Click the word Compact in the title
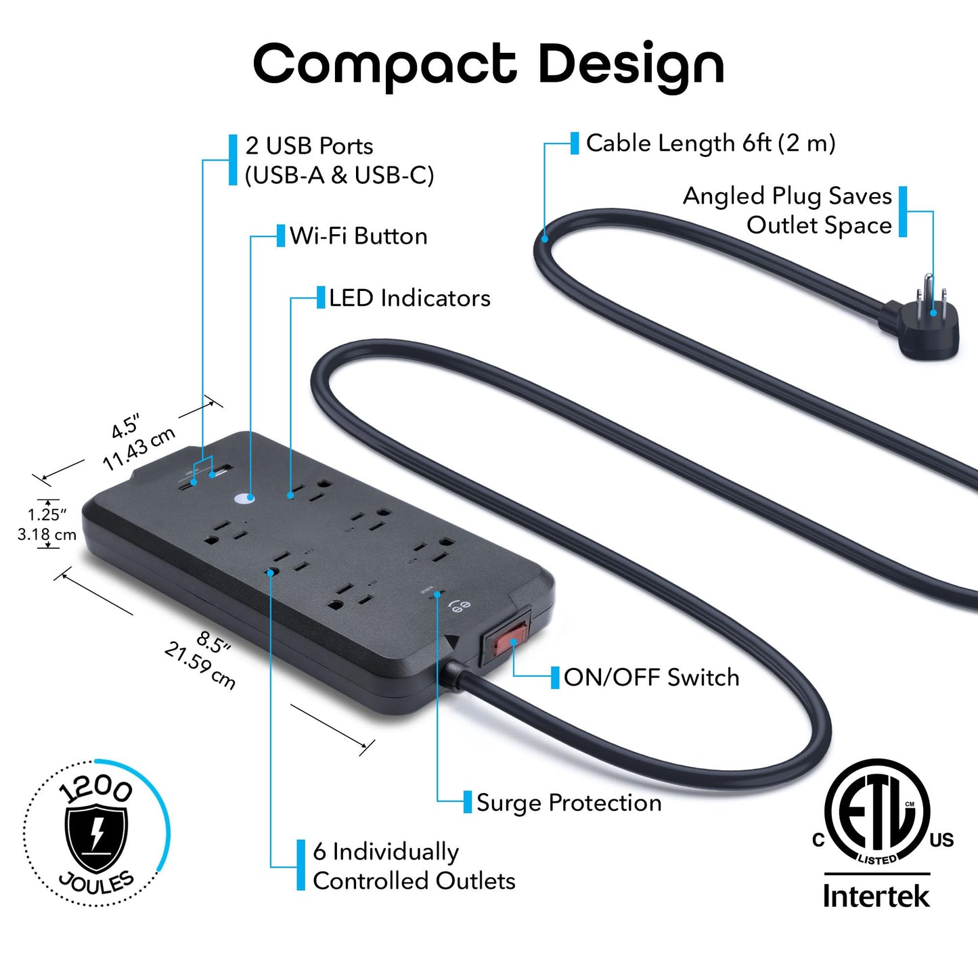pyautogui.click(x=384, y=64)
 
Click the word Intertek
pyautogui.click(x=876, y=896)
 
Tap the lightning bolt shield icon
pyautogui.click(x=96, y=837)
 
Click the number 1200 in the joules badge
pyautogui.click(x=95, y=788)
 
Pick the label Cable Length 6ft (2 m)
pyautogui.click(x=711, y=143)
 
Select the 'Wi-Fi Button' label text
pyautogui.click(x=359, y=236)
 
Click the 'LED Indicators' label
pyautogui.click(x=409, y=298)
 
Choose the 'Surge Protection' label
pyautogui.click(x=569, y=803)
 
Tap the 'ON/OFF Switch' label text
pyautogui.click(x=651, y=677)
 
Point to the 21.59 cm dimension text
pyautogui.click(x=200, y=666)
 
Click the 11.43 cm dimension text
pyautogui.click(x=139, y=448)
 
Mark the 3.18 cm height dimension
pyautogui.click(x=47, y=535)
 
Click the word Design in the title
pyautogui.click(x=631, y=64)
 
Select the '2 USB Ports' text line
pyautogui.click(x=309, y=146)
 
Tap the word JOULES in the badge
pyautogui.click(x=97, y=883)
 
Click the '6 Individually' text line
pyautogui.click(x=386, y=852)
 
